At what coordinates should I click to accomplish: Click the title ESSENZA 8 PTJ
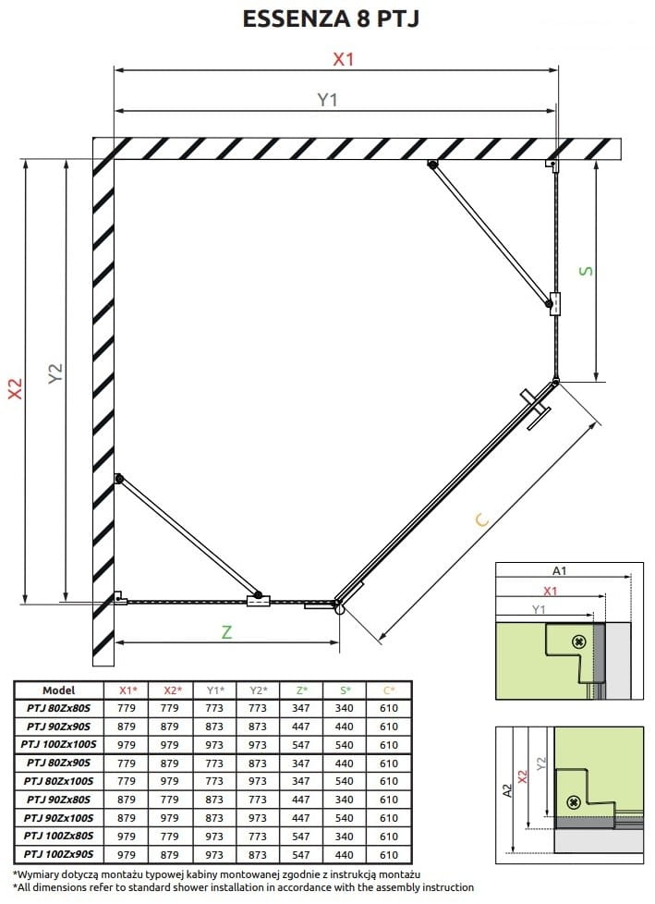coord(331,18)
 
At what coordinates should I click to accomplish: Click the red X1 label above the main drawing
coord(344,59)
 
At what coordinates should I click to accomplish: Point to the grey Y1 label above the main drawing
coord(327,100)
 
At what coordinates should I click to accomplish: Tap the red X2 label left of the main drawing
coord(15,388)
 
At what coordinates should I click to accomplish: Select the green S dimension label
coord(586,271)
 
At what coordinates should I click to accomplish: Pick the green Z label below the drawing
coord(227,632)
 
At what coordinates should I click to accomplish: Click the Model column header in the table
coord(59,690)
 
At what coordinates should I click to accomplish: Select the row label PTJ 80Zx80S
coord(59,708)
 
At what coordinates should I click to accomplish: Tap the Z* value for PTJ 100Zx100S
coord(301,744)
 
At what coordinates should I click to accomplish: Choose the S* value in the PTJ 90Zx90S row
coord(345,727)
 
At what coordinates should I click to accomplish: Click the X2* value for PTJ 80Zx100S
coord(169,781)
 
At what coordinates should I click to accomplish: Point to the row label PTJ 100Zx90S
coord(59,854)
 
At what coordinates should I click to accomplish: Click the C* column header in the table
coord(390,690)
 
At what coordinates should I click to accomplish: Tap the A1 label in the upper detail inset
coord(559,570)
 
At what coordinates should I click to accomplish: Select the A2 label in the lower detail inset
coord(507,790)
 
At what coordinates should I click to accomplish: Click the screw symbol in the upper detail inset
coord(579,641)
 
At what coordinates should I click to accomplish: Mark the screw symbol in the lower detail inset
coord(573,801)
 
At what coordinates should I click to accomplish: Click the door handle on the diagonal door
coord(536,409)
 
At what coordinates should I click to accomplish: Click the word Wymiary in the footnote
coord(38,874)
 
